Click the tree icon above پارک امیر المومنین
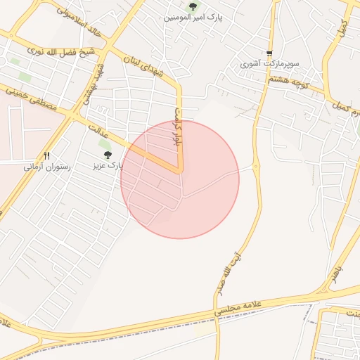(x=192, y=6)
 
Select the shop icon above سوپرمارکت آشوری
(x=269, y=53)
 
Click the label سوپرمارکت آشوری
(x=269, y=64)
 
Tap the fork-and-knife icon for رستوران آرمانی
(x=47, y=155)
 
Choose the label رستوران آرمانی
(x=46, y=167)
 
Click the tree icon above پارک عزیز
(x=108, y=155)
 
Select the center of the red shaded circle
(x=180, y=179)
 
